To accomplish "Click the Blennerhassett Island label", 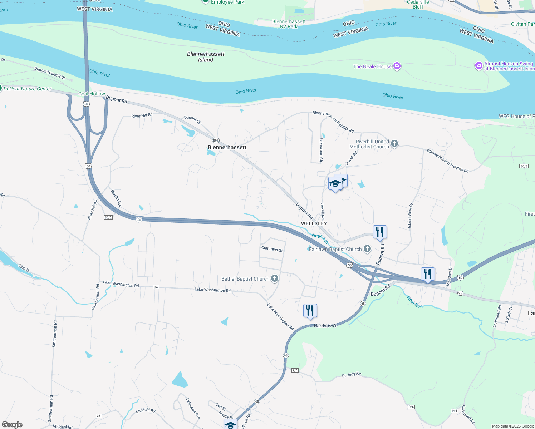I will [x=206, y=57].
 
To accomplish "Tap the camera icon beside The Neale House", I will [x=397, y=66].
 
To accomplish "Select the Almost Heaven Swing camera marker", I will [x=478, y=66].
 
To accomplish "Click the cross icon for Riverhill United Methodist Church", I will [x=394, y=144].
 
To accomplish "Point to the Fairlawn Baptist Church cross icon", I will [x=367, y=249].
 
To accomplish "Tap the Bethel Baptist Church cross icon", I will [x=275, y=278].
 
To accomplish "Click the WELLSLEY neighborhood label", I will [x=314, y=223].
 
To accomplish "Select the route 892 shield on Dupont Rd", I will [x=215, y=140].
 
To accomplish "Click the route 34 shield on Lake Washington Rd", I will [x=156, y=287].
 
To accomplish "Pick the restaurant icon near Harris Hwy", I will [x=310, y=311].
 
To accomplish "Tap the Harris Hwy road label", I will [x=325, y=326].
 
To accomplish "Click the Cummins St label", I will [x=272, y=249].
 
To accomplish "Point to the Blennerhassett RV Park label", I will [x=289, y=24].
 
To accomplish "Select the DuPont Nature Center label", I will [x=28, y=89].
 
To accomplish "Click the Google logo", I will [x=12, y=425].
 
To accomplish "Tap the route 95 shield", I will [x=460, y=293].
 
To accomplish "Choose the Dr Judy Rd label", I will [x=351, y=375].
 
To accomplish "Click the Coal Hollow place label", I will [x=92, y=94].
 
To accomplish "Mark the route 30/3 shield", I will [x=524, y=166].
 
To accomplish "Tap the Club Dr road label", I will [x=24, y=268].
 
